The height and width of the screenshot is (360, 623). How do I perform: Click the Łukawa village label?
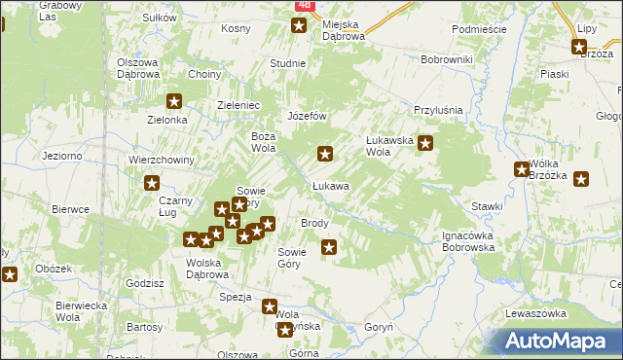pyautogui.click(x=330, y=185)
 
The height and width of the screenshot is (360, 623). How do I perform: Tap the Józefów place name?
pyautogui.click(x=305, y=116)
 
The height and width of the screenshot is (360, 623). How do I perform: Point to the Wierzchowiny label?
pyautogui.click(x=163, y=161)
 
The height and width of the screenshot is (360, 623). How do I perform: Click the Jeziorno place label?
pyautogui.click(x=61, y=156)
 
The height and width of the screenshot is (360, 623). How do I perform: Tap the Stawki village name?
pyautogui.click(x=487, y=206)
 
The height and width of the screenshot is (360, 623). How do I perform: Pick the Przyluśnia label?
pyautogui.click(x=436, y=111)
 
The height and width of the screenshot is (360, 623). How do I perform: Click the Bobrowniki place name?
pyautogui.click(x=447, y=59)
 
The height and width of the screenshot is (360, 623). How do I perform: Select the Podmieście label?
pyautogui.click(x=479, y=29)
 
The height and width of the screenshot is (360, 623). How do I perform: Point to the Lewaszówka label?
pyautogui.click(x=535, y=313)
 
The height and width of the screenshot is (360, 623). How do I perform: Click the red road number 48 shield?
pyautogui.click(x=304, y=6)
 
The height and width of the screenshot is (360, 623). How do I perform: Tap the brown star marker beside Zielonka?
pyautogui.click(x=175, y=100)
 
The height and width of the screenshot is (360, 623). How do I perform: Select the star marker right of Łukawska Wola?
pyautogui.click(x=424, y=143)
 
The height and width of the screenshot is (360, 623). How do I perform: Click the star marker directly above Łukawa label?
pyautogui.click(x=325, y=153)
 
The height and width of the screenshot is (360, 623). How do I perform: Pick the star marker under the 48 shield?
pyautogui.click(x=298, y=25)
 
